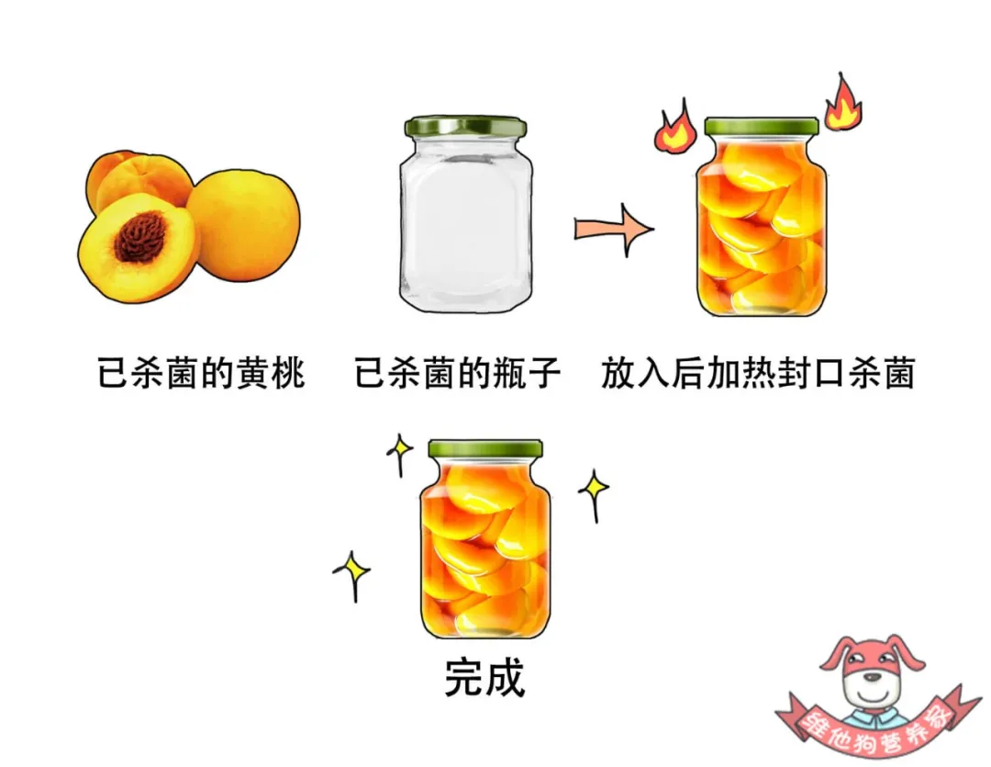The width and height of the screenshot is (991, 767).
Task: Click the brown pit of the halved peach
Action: tap(140, 236)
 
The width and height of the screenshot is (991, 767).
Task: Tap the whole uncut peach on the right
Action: tap(245, 223)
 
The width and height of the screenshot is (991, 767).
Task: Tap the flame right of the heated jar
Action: tap(842, 104)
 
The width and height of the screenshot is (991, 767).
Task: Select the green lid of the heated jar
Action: tap(761, 127)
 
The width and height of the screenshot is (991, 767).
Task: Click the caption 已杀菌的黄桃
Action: tap(201, 374)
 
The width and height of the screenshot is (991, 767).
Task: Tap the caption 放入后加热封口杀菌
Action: tap(758, 374)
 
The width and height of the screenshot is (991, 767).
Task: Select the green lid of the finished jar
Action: tap(485, 449)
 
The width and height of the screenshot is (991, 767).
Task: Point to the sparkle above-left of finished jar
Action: tap(399, 453)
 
